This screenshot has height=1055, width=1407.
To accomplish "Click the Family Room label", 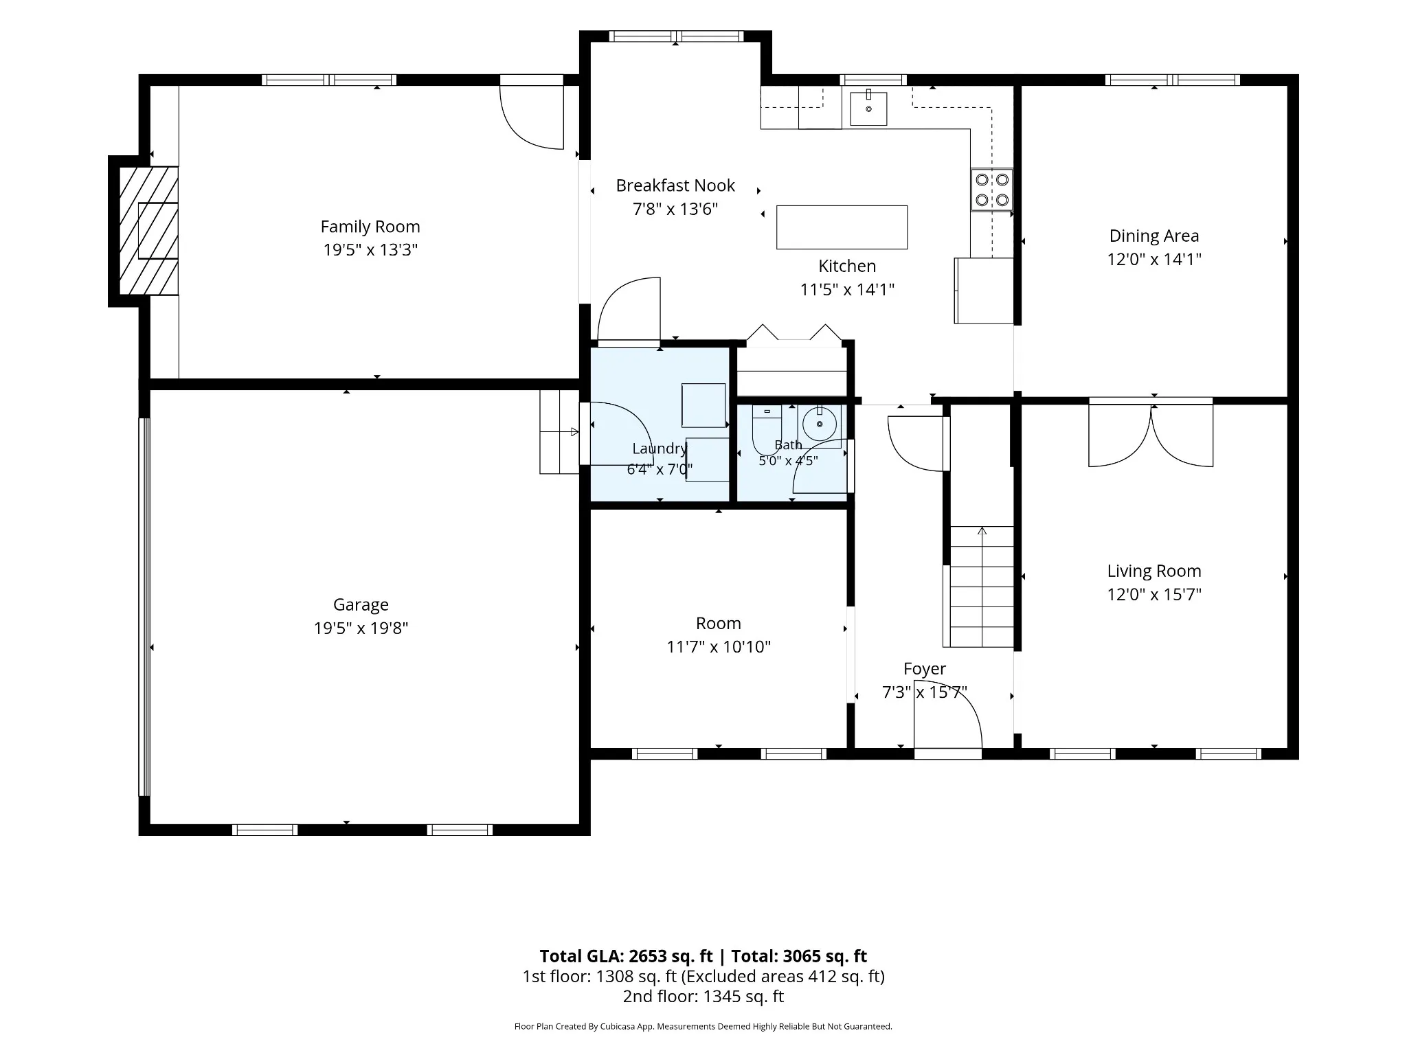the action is pyautogui.click(x=370, y=227).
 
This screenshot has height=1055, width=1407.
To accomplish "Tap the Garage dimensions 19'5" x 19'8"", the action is pyautogui.click(x=361, y=628).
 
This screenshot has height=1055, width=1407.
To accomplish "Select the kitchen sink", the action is pyautogui.click(x=868, y=109).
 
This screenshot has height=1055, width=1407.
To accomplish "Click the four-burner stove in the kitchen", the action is pyautogui.click(x=992, y=190).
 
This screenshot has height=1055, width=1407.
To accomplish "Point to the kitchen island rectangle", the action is pyautogui.click(x=842, y=227).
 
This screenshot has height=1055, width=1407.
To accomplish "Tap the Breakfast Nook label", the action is pyautogui.click(x=675, y=185).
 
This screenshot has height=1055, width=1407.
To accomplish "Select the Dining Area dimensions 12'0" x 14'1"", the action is pyautogui.click(x=1154, y=259).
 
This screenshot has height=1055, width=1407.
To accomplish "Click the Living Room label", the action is pyautogui.click(x=1154, y=571).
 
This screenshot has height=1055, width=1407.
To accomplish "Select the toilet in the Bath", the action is pyautogui.click(x=766, y=429).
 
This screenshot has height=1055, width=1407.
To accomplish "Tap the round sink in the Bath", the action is pyautogui.click(x=820, y=423).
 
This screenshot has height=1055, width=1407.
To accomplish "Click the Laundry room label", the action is pyautogui.click(x=660, y=449).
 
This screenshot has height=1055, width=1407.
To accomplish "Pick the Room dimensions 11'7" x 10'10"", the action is pyautogui.click(x=719, y=646).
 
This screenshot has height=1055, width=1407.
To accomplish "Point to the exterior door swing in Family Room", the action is pyautogui.click(x=532, y=117).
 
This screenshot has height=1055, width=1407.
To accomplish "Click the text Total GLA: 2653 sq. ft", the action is pyautogui.click(x=626, y=956).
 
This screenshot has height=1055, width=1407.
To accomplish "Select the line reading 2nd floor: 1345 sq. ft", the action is pyautogui.click(x=703, y=996).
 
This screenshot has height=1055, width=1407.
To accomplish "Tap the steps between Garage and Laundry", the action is pyautogui.click(x=559, y=432).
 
